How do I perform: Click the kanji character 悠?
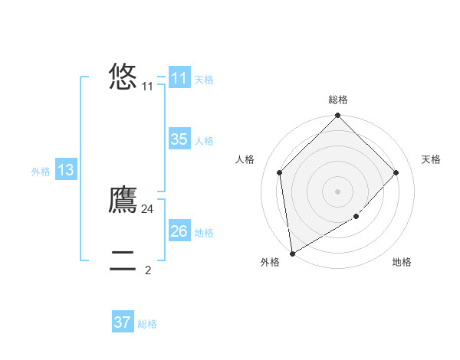123,77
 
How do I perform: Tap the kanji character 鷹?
123,200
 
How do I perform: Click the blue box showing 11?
179,78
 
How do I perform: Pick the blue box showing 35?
179,139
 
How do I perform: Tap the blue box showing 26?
179,231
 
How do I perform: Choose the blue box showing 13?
66,170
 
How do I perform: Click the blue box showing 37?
123,322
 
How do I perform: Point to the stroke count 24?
148,209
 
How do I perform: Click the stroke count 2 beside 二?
148,270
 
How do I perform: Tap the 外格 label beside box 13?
41,172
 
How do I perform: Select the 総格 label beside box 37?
147,324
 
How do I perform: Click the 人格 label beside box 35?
204,141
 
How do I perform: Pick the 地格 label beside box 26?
204,233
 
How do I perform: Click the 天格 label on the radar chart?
431,159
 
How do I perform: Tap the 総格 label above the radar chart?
337,100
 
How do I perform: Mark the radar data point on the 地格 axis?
356,217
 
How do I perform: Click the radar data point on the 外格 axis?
292,253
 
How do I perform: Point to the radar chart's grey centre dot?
337,191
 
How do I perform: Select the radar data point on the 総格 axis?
337,116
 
